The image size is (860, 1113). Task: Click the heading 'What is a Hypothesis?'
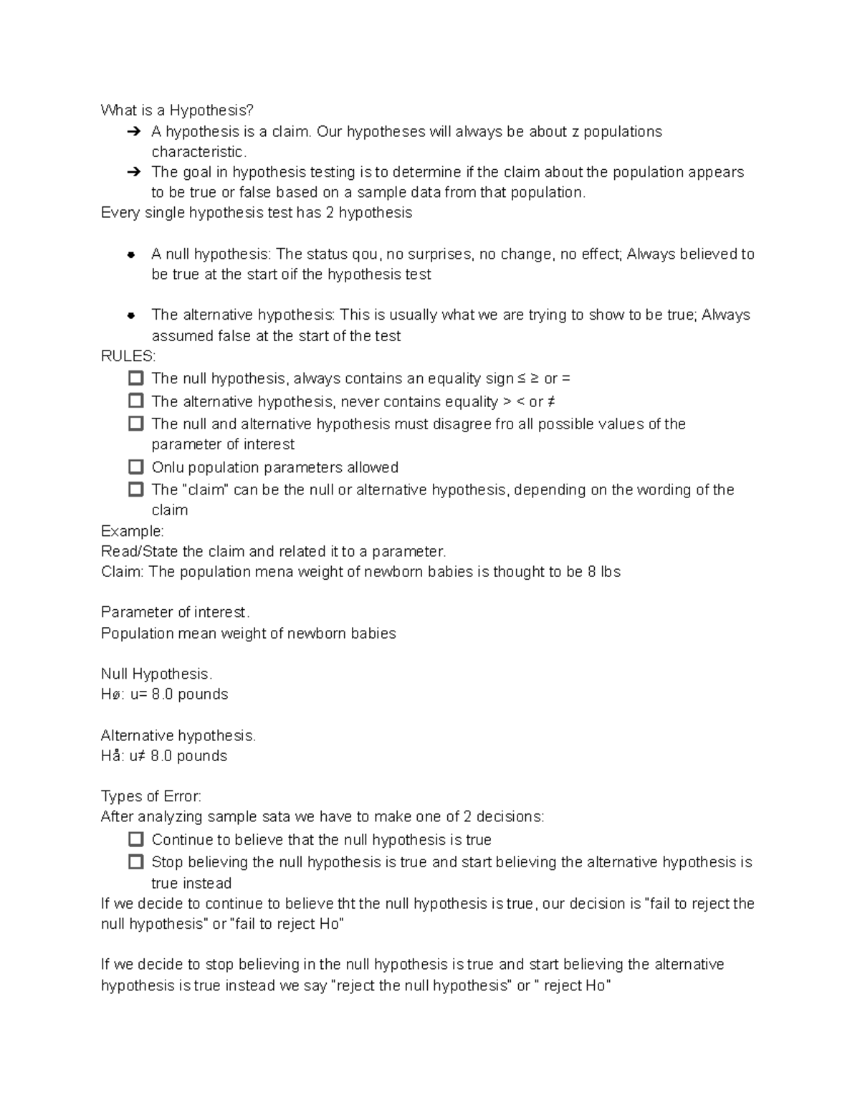(177, 110)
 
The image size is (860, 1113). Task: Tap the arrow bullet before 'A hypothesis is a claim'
(133, 132)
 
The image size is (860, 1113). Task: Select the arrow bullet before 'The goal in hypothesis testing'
(133, 172)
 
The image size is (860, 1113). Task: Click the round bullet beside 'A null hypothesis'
(131, 254)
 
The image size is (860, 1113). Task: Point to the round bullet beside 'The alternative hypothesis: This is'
(131, 315)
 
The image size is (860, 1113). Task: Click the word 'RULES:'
(128, 356)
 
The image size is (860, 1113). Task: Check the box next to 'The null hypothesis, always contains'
(135, 378)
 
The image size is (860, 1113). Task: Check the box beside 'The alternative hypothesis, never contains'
(135, 401)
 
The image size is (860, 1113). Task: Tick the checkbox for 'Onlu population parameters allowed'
(135, 467)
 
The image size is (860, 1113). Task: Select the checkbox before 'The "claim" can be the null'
(135, 489)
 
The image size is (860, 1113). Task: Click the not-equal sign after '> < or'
(551, 402)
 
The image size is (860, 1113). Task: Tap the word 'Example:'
(132, 531)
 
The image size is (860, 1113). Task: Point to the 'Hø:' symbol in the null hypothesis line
(112, 694)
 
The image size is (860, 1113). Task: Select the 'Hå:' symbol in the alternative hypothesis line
(112, 756)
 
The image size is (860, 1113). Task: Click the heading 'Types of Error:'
(150, 796)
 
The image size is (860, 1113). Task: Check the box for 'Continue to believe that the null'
(135, 839)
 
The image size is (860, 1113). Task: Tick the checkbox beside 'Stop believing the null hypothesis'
(135, 862)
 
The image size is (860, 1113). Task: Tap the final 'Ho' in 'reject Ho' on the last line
(596, 986)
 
